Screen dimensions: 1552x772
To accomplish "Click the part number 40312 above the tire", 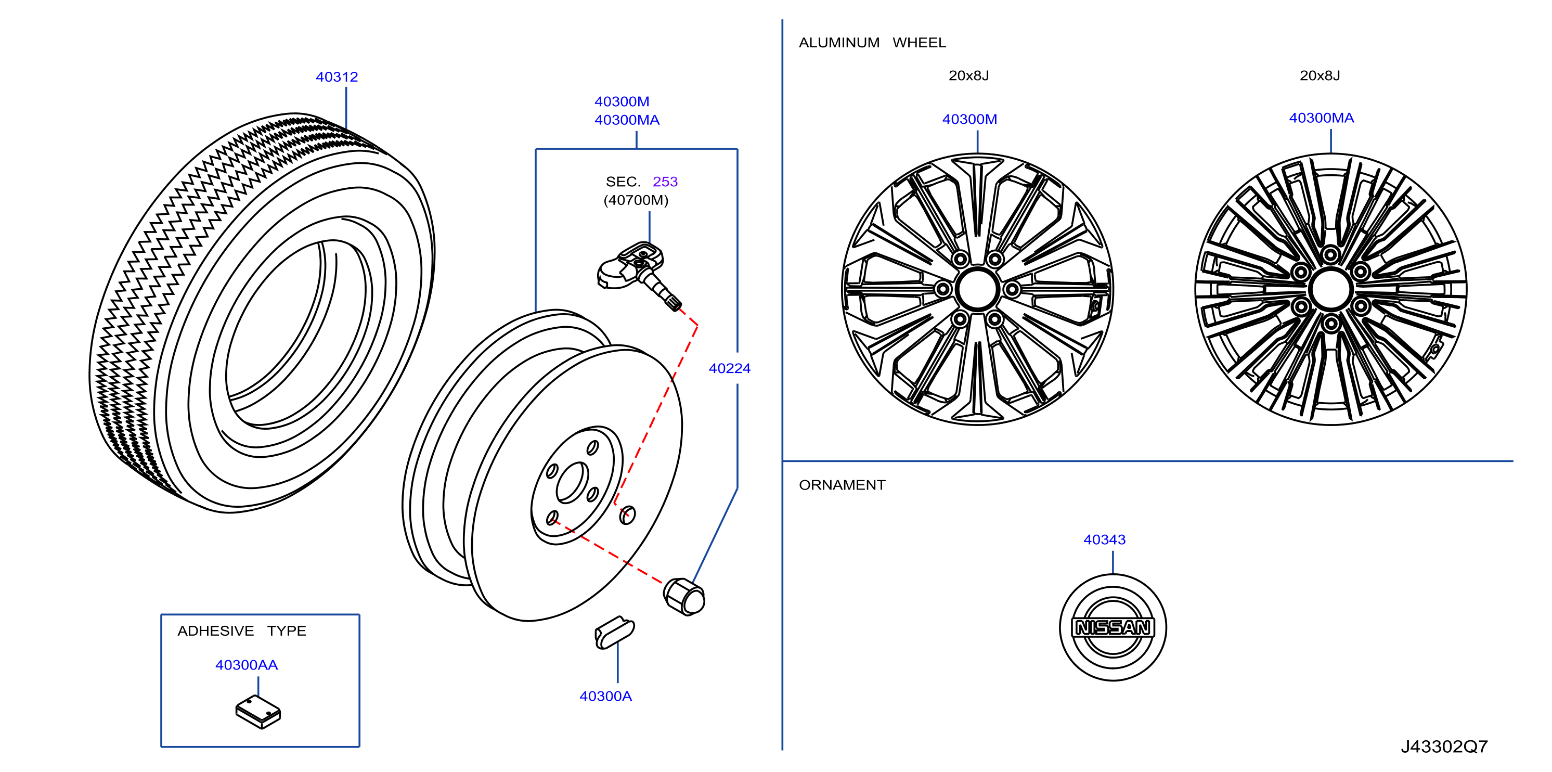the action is [x=337, y=77].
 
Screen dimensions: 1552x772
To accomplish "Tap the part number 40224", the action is [x=730, y=368].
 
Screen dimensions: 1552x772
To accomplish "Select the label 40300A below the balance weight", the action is [x=605, y=696].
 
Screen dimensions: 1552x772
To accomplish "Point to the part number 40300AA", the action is [x=247, y=665].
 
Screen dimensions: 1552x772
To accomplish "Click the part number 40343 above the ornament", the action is [x=1104, y=539].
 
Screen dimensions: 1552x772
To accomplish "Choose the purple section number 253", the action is [x=665, y=182].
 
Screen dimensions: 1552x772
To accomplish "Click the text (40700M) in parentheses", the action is [x=636, y=200].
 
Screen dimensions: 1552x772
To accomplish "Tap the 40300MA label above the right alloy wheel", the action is [x=1321, y=118].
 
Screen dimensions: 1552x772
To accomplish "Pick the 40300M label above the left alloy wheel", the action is [x=969, y=119].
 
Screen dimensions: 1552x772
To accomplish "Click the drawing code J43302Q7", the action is [x=1444, y=747].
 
